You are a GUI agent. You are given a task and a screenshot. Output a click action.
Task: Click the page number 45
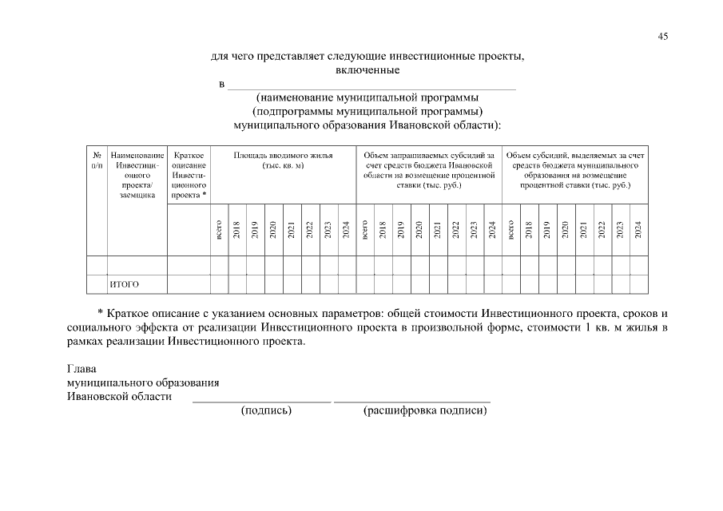coord(662,36)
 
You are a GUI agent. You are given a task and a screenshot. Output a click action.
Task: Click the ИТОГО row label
coord(124,284)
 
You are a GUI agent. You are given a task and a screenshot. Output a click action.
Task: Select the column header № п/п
coord(96,159)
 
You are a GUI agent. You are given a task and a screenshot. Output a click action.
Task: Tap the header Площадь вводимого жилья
coord(282,159)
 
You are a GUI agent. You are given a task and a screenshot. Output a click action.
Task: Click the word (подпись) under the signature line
coord(266,411)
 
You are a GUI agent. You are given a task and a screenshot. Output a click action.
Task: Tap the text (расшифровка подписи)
coord(424,411)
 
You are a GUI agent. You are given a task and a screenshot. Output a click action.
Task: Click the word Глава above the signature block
coord(81,369)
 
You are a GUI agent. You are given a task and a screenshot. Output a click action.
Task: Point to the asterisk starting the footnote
coord(100,313)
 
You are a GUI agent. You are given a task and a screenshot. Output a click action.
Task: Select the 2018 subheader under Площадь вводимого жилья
coord(237,229)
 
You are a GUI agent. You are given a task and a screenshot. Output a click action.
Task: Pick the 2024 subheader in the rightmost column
coord(638,229)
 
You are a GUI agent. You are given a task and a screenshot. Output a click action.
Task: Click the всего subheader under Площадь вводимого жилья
coord(219,231)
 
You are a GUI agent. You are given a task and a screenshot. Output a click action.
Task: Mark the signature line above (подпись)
coord(261,401)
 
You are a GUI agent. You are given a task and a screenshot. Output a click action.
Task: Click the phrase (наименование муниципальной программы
coord(367,98)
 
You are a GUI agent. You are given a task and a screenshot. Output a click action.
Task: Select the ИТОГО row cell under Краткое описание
coord(189,284)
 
